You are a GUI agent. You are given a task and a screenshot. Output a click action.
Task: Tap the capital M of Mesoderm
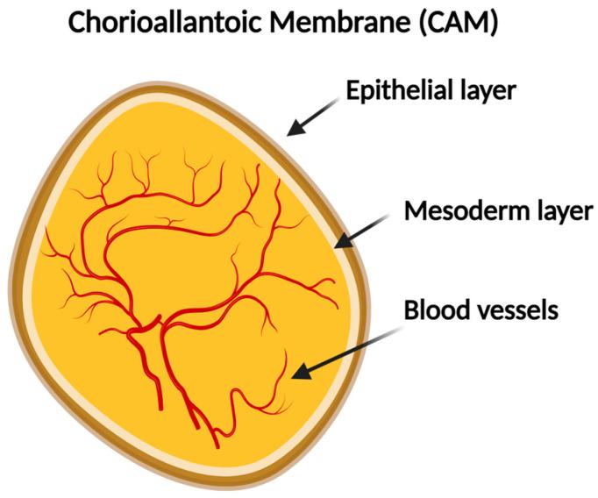point(414,211)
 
